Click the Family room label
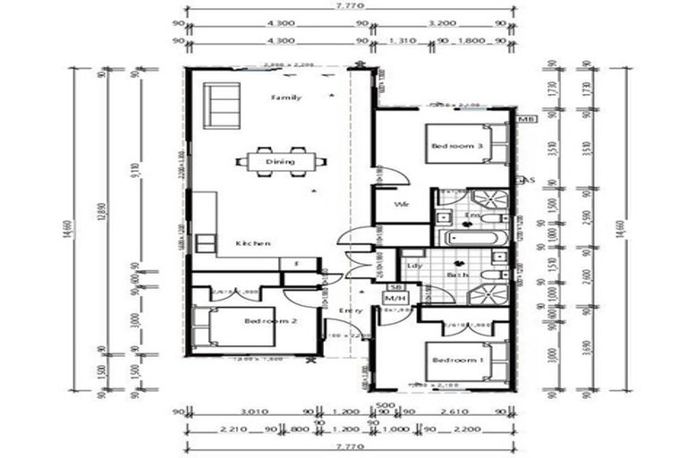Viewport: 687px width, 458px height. (286, 96)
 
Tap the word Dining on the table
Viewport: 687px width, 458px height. (280, 162)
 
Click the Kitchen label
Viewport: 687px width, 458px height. (253, 243)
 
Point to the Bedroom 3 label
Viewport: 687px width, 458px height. (457, 146)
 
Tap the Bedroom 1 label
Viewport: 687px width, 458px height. (457, 360)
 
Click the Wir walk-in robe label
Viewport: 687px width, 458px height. (402, 205)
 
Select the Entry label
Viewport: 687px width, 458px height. (350, 310)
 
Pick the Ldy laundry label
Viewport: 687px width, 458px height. (414, 266)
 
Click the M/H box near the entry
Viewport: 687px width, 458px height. (394, 298)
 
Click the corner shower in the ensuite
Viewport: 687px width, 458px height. (488, 199)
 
